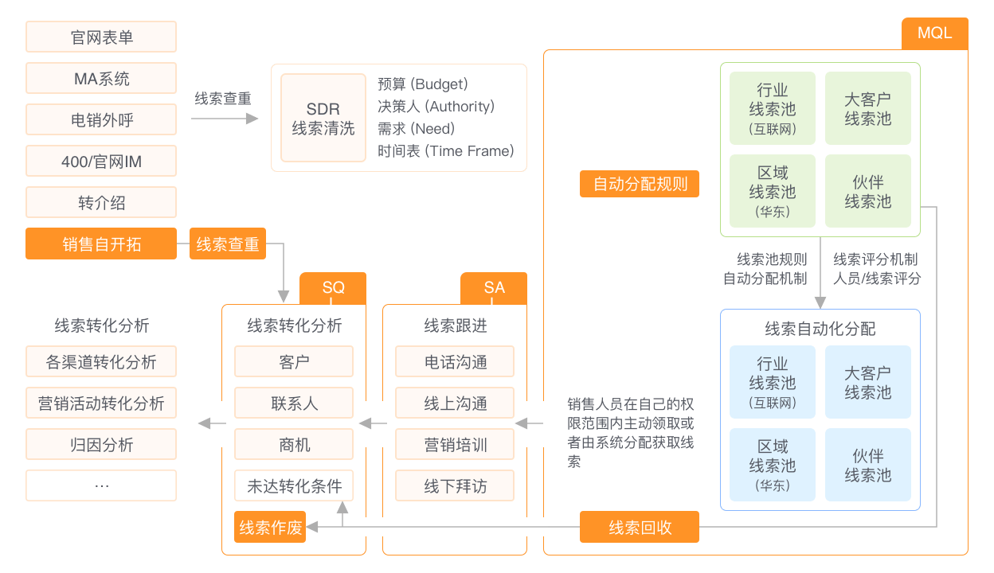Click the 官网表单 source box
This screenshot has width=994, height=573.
[x=101, y=37]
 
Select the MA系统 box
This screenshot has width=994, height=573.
[x=101, y=79]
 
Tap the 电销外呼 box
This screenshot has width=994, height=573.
[x=101, y=120]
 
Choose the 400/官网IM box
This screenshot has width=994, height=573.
[x=101, y=162]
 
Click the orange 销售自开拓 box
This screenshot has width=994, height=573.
[x=101, y=244]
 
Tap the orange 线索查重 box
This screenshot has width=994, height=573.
[x=228, y=244]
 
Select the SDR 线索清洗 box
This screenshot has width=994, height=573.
[x=323, y=118]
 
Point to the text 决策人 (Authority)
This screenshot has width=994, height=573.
[x=436, y=106]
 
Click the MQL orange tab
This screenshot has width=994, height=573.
[x=934, y=33]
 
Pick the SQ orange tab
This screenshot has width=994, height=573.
[x=333, y=288]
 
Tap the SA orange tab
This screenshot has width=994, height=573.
[x=494, y=288]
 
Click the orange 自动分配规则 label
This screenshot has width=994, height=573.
[x=640, y=184]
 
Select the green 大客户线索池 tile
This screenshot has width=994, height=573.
[x=867, y=109]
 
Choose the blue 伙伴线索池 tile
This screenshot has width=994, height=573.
[x=867, y=466]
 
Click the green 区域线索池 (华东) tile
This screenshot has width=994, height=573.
[x=772, y=192]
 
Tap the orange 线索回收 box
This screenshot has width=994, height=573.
[x=640, y=528]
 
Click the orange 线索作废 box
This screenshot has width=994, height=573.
[x=271, y=528]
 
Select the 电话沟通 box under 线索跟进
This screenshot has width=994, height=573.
[x=455, y=362]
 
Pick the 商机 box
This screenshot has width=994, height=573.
[x=294, y=445]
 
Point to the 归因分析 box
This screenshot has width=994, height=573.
[x=101, y=445]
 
